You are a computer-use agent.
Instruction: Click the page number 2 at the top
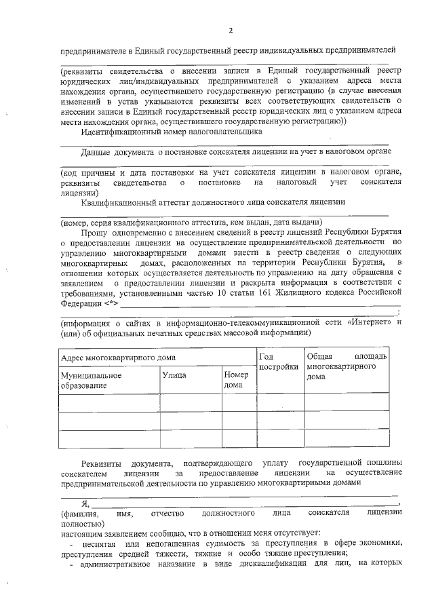[230, 31]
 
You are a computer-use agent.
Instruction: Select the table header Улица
[174, 375]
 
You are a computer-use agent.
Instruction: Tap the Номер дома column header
[236, 379]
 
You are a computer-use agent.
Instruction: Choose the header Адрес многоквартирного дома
[118, 357]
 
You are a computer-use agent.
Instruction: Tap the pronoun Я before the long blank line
[85, 503]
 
